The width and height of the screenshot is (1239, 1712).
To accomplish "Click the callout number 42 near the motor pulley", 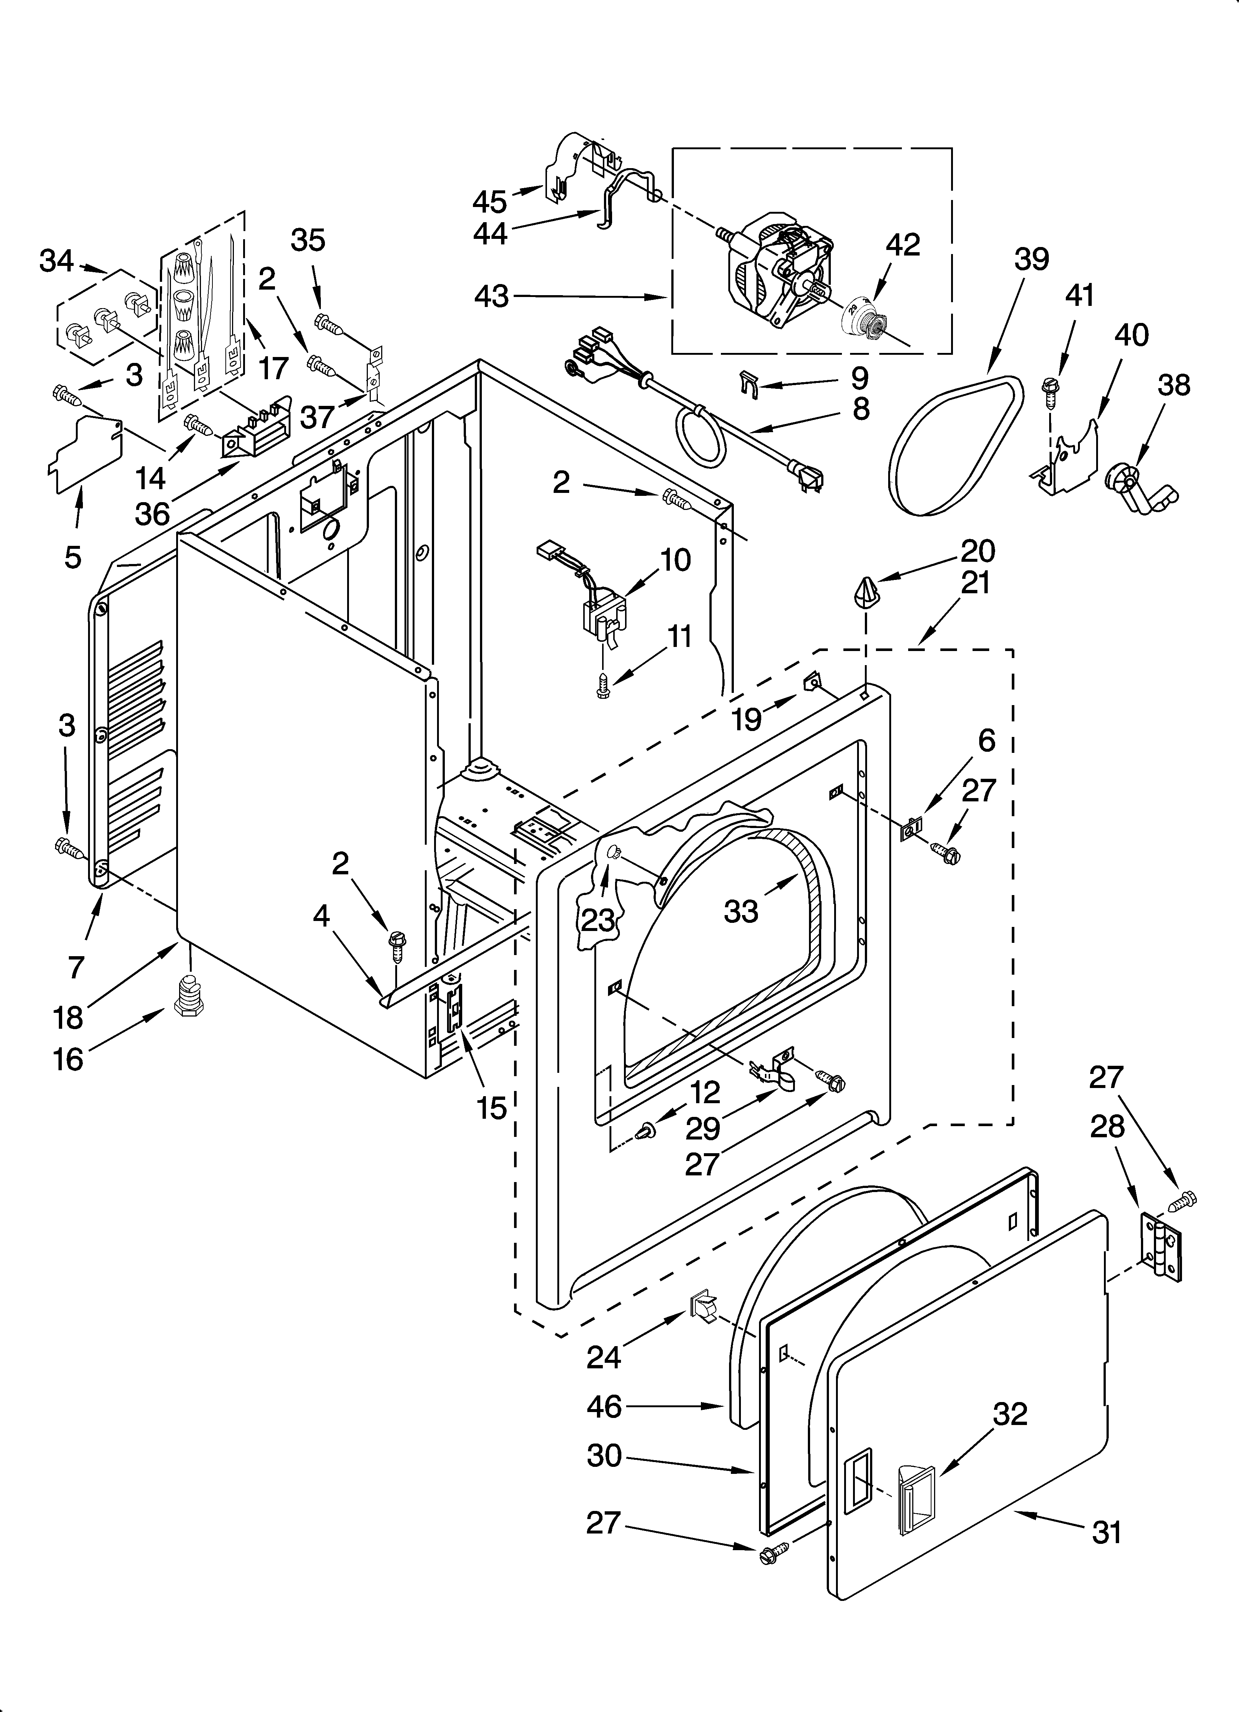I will point(903,245).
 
